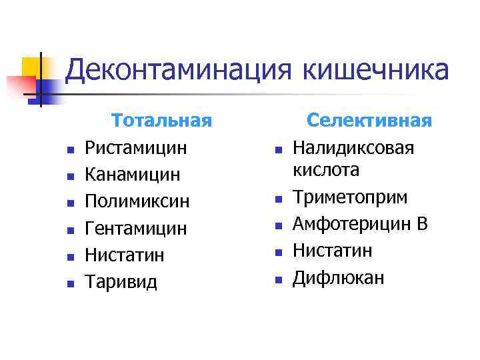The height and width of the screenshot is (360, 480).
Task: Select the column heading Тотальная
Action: pos(162,121)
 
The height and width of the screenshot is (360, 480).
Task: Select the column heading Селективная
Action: pos(369,121)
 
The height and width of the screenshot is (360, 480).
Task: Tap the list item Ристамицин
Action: pos(136,147)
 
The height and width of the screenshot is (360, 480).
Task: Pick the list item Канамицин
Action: pos(133,175)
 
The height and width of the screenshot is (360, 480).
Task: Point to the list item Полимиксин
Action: pos(137,201)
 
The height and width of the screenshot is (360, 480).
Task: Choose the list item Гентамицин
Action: pos(136,229)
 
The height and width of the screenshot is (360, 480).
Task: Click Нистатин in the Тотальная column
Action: pos(125,255)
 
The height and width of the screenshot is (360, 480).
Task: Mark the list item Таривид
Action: pos(121,282)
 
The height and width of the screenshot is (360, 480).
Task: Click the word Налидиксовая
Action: pos(353,147)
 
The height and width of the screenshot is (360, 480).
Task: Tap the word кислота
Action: pos(326,169)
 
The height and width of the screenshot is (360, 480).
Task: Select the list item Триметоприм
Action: pos(351,197)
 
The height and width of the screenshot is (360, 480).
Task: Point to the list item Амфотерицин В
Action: pos(360,224)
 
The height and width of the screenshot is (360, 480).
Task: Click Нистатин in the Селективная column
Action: pos(333,251)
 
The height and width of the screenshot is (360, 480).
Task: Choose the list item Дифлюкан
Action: pos(338,277)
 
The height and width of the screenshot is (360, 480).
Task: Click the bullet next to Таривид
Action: pos(69,283)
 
